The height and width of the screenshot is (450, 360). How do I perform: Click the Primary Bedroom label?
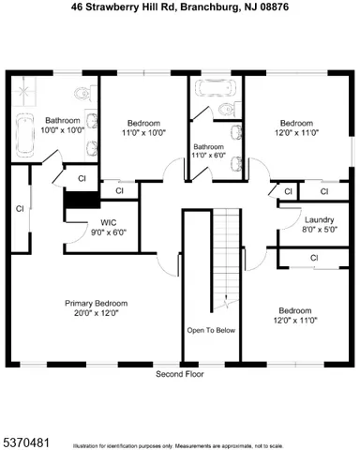pyautogui.click(x=96, y=303)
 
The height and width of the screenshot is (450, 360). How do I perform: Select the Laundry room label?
pyautogui.click(x=319, y=219)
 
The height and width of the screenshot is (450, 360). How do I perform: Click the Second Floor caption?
pyautogui.click(x=180, y=372)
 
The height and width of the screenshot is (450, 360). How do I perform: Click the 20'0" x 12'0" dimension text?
pyautogui.click(x=96, y=313)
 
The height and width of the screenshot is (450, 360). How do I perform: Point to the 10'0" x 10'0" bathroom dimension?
pyautogui.click(x=64, y=130)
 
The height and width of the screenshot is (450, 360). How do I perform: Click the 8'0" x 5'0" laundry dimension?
pyautogui.click(x=319, y=230)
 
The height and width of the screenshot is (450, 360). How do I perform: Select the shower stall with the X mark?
pyautogui.click(x=22, y=91)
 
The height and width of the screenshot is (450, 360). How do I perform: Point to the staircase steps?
pyautogui.click(x=225, y=253)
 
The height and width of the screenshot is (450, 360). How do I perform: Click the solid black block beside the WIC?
pyautogui.click(x=80, y=200)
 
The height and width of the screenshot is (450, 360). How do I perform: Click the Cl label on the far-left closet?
pyautogui.click(x=18, y=208)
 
